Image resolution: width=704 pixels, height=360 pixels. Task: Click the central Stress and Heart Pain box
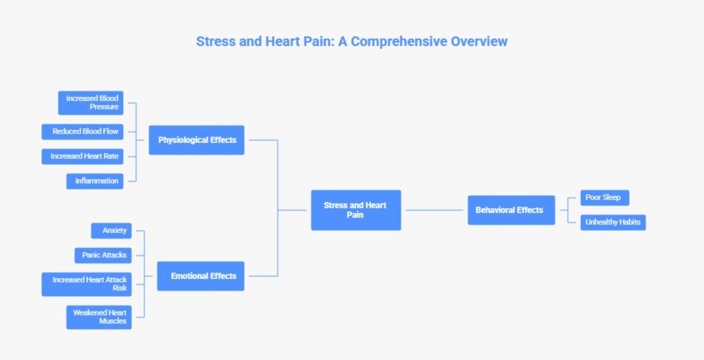pos(355,210)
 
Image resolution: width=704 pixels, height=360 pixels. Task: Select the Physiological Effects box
pos(197,140)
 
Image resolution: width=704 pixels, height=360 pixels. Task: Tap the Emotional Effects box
pos(201,276)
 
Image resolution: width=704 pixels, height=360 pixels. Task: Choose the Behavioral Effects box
pos(511,210)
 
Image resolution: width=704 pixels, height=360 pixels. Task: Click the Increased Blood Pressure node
pos(91,103)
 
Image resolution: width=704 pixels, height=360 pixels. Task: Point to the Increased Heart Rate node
pos(82,157)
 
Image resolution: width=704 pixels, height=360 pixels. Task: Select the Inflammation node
pos(95,181)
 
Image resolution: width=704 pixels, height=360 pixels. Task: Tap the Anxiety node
pos(111,231)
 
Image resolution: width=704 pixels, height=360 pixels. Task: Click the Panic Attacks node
pos(102,256)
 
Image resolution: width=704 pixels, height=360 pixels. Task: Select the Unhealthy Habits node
pos(613,223)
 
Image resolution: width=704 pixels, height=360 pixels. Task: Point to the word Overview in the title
pos(479,41)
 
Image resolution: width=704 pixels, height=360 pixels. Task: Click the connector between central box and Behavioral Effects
pos(434,210)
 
